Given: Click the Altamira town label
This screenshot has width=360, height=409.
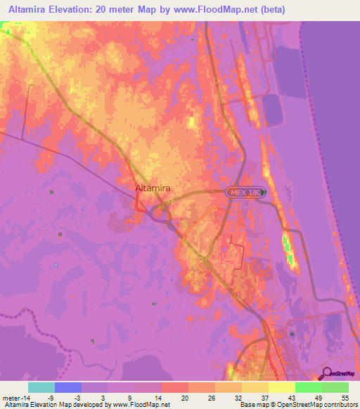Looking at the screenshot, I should pos(152,188).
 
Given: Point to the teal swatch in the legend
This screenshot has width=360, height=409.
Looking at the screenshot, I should pos(41,387).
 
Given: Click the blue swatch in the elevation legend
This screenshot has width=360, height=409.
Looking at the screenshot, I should pos(68,387).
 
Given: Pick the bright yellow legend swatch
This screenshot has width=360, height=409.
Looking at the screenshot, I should pos(281,387).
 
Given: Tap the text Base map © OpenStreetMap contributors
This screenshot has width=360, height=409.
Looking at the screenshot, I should pos(298,405).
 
